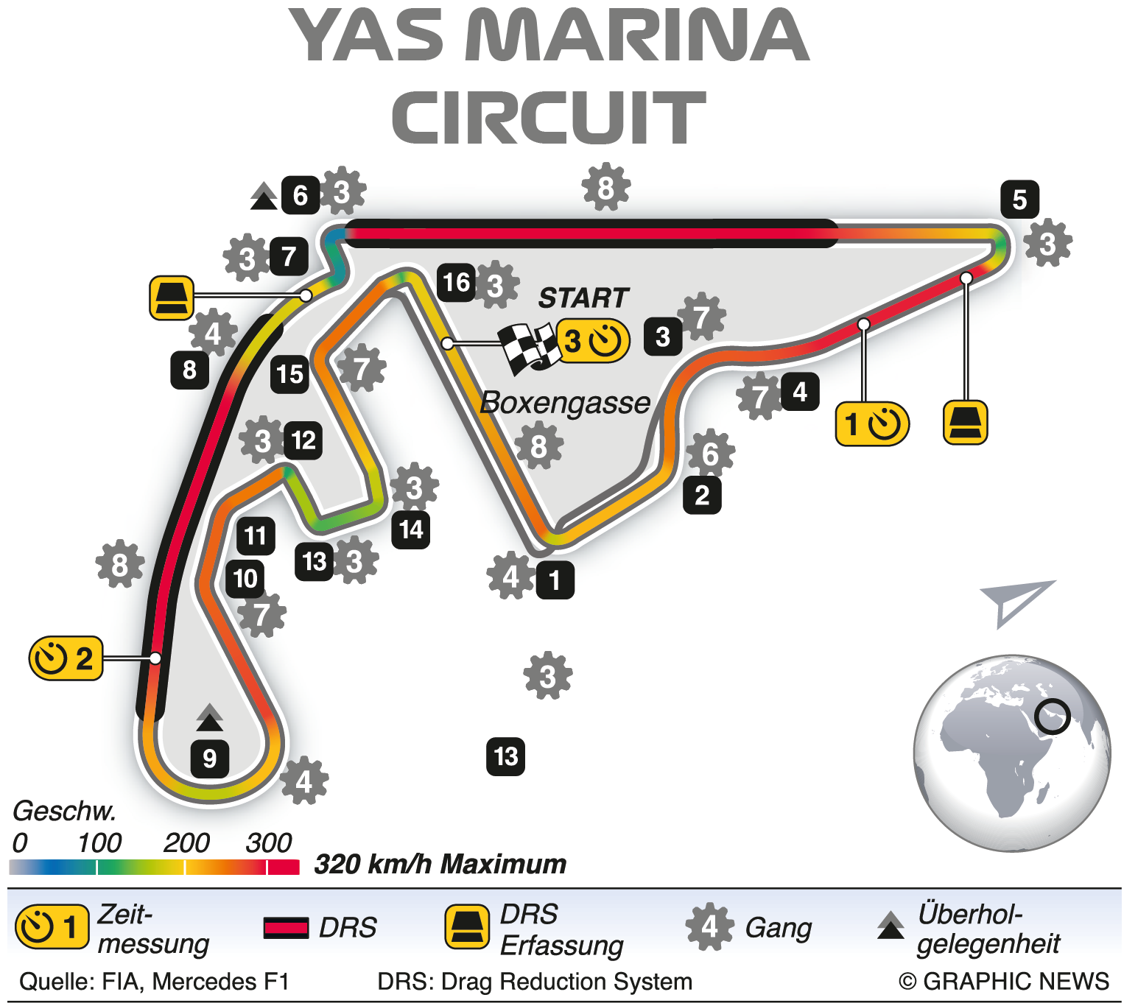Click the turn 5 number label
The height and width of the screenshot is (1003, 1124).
[1019, 199]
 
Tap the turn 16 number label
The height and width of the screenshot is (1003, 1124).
[457, 282]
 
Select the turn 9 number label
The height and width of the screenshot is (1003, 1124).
[210, 758]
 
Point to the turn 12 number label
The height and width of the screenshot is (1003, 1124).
[303, 440]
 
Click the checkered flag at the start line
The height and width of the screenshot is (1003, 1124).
[529, 348]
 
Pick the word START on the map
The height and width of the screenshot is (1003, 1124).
[583, 298]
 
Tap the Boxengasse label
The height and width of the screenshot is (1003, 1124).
[565, 403]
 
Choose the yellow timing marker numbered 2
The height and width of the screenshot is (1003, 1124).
[66, 658]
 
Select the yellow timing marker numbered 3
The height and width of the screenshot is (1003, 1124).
[593, 341]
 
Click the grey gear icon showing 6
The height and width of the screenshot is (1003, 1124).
[710, 454]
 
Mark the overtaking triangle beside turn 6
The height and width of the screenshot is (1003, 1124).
[263, 197]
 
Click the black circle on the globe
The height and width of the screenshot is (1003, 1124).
[1053, 716]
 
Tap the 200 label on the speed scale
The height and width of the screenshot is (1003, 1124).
[186, 842]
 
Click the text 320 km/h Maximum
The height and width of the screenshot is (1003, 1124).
[440, 864]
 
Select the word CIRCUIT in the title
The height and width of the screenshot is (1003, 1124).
[549, 118]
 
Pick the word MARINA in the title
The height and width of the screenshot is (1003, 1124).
[637, 37]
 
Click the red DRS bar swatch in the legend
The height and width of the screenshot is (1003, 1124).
[286, 928]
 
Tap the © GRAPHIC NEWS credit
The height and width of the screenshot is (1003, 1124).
[1003, 982]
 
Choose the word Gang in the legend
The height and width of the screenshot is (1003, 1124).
[778, 928]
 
